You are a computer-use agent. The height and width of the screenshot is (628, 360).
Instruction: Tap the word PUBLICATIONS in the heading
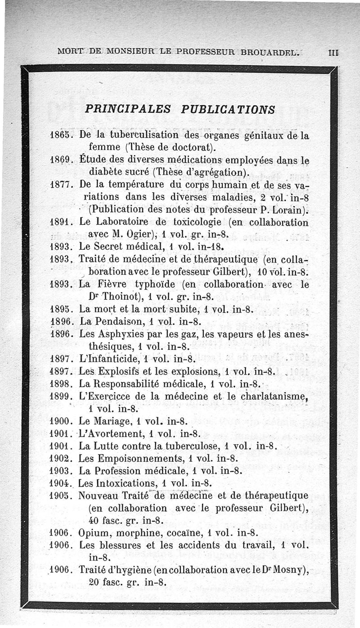[x=228, y=109]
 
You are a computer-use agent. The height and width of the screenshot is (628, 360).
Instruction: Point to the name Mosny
[x=292, y=570]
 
